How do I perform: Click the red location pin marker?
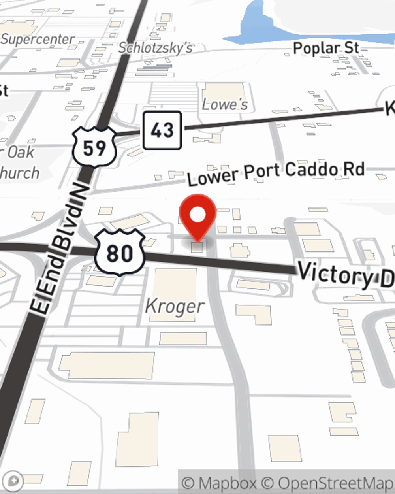tap(197, 215)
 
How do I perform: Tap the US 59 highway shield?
tap(94, 147)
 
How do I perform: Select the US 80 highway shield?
tap(120, 252)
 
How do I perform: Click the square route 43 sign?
tap(162, 130)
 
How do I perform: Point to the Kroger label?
tap(175, 306)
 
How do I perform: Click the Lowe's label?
tap(225, 104)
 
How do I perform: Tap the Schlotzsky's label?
tap(156, 48)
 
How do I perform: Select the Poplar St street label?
tap(326, 48)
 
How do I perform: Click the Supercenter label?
tap(38, 39)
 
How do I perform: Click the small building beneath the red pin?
tap(197, 248)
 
